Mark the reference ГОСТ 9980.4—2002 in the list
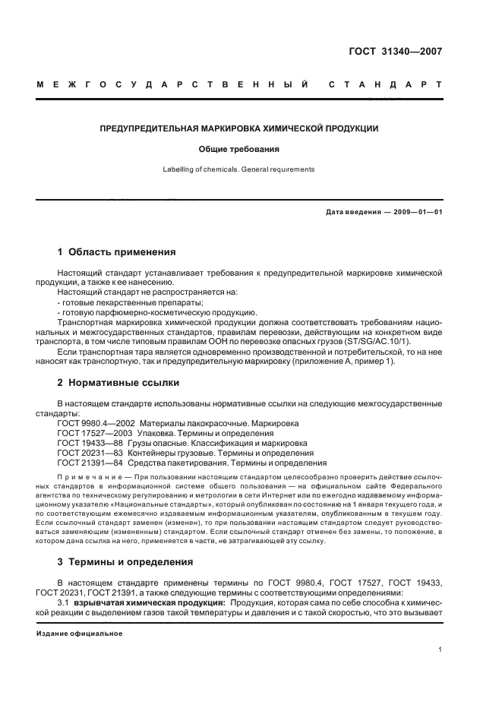(x=96, y=422)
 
